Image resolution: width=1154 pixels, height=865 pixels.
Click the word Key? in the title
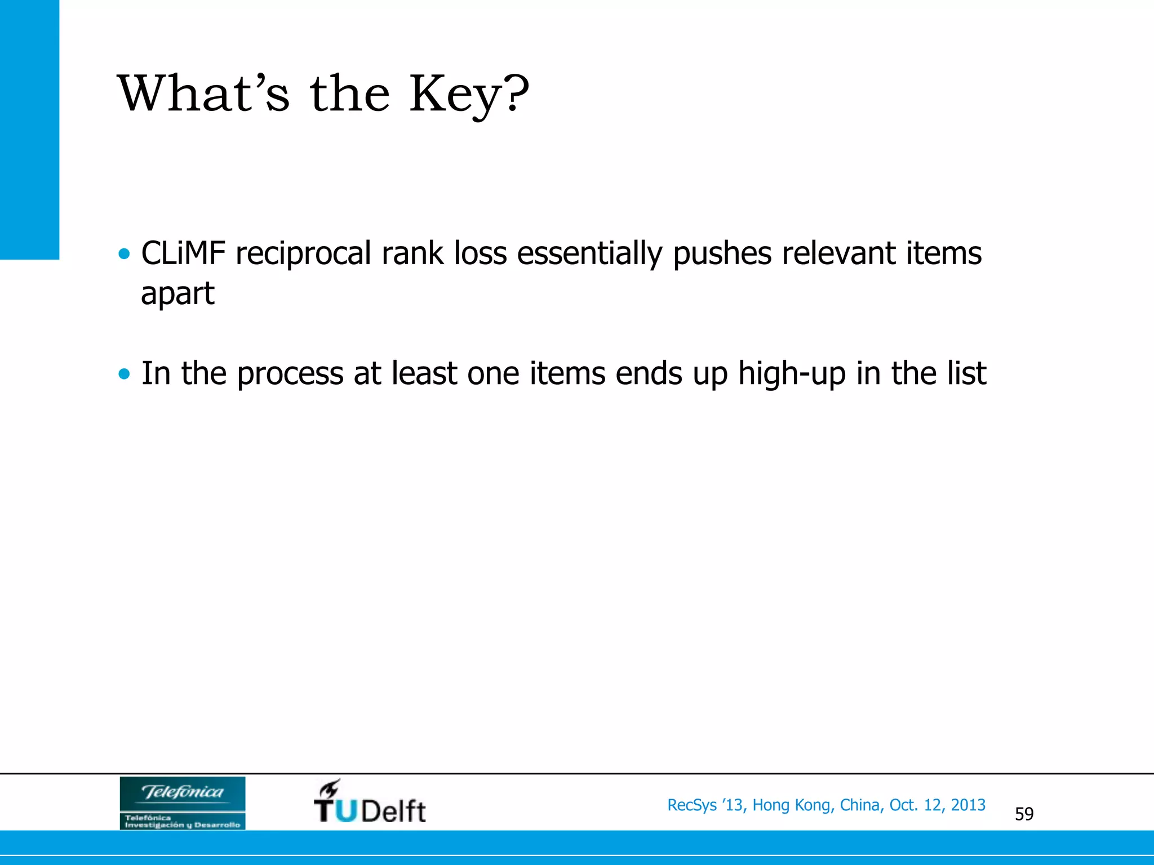pyautogui.click(x=469, y=95)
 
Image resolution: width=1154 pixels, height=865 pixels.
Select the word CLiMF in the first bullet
pyautogui.click(x=183, y=253)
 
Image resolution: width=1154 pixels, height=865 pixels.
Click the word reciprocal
pyautogui.click(x=303, y=254)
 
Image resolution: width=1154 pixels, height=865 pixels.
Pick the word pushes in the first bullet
pyautogui.click(x=722, y=254)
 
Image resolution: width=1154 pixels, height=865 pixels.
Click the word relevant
pyautogui.click(x=838, y=253)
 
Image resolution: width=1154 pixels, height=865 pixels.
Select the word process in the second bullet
pyautogui.click(x=290, y=374)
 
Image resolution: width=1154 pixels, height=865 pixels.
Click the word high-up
pyautogui.click(x=792, y=374)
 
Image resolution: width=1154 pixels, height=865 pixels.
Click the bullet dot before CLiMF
pyautogui.click(x=125, y=253)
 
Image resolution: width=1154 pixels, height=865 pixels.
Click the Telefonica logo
pyautogui.click(x=183, y=802)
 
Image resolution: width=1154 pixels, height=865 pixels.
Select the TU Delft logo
pyautogui.click(x=370, y=802)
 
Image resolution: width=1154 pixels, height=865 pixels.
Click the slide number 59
pyautogui.click(x=1024, y=814)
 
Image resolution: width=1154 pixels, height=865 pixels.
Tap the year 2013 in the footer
pyautogui.click(x=968, y=805)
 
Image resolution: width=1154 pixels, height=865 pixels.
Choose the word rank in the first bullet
pyautogui.click(x=412, y=253)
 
